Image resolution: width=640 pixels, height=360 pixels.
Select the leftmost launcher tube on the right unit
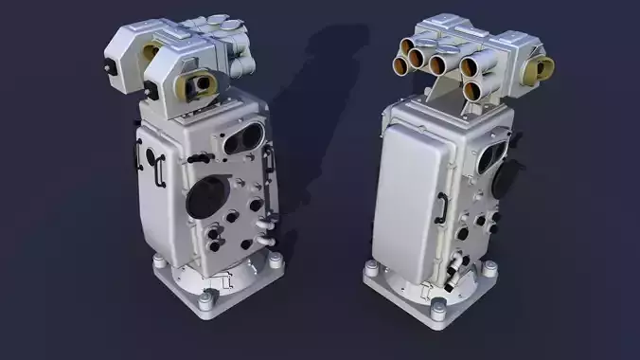400,63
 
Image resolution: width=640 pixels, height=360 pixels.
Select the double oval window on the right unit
494,156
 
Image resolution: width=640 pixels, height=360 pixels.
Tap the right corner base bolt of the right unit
490,269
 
